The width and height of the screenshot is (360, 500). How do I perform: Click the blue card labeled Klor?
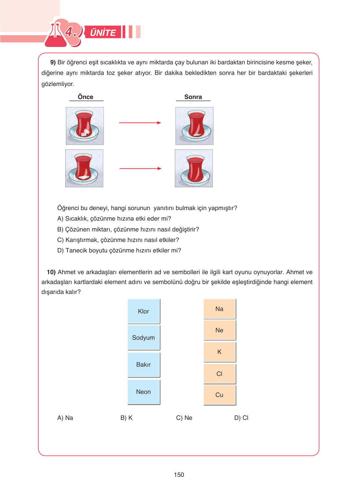pos(144,311)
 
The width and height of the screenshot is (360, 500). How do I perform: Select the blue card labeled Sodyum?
pos(144,338)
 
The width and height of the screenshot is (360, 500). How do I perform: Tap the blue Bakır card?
pos(144,364)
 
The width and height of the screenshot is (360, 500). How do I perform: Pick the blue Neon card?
pos(144,392)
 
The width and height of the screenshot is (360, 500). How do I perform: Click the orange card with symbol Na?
pos(219,309)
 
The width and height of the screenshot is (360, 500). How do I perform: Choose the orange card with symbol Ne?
pos(219,330)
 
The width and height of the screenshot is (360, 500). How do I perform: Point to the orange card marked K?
pos(219,352)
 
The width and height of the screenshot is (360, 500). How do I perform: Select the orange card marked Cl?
pos(219,374)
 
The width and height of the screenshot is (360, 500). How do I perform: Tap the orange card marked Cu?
pos(219,395)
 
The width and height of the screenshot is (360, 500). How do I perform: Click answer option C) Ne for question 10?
pos(184,418)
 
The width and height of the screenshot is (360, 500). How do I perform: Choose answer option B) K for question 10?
pos(126,418)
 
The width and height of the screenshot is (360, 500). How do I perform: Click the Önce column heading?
pos(85,97)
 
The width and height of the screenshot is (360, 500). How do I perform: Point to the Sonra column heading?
pos(193,97)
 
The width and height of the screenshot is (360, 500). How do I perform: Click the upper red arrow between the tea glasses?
pos(140,123)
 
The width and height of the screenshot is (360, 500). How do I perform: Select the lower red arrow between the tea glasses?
pos(140,169)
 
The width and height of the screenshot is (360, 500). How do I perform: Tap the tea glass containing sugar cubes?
pos(85,126)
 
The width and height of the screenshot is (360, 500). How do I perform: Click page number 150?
pos(179,475)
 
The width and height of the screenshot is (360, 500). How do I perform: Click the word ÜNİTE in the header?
pos(103,32)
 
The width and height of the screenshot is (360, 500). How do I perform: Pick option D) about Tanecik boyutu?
pos(119,250)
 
